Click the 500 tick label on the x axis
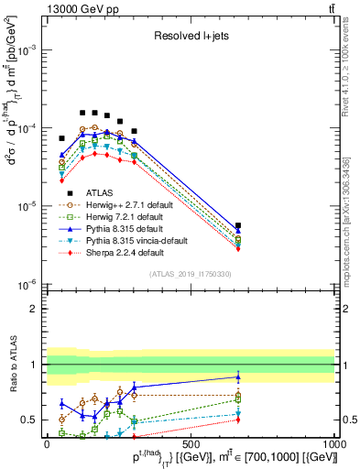[x=191, y=443]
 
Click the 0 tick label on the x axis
[x=47, y=443]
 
